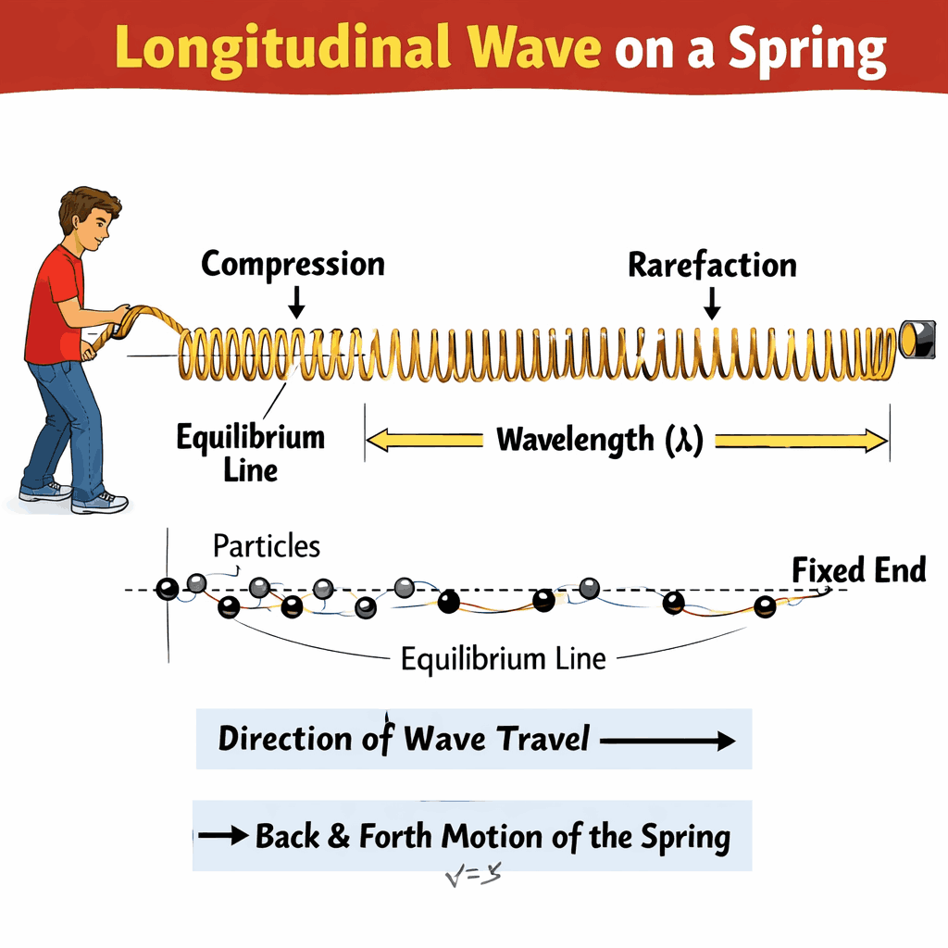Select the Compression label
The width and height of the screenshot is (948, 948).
(x=293, y=264)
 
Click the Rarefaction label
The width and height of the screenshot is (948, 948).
(x=712, y=265)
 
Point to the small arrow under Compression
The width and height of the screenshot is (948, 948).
(x=296, y=301)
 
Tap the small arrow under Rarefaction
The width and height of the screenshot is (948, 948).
(x=712, y=303)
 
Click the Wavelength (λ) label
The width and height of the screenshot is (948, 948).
(x=600, y=439)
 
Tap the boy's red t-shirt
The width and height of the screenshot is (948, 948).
(x=53, y=306)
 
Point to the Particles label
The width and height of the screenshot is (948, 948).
(x=267, y=545)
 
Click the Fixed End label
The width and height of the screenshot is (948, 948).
(x=859, y=570)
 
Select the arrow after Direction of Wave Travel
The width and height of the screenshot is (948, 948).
(x=667, y=741)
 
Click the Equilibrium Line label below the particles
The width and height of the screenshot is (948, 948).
(x=504, y=658)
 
